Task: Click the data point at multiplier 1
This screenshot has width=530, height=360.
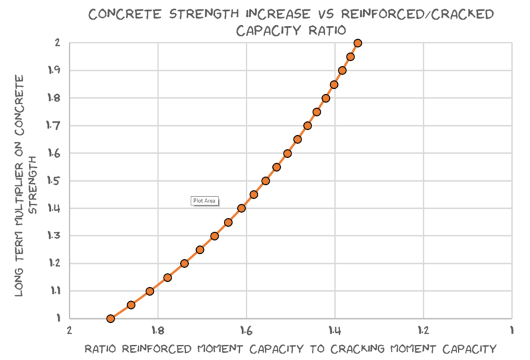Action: [x=111, y=319]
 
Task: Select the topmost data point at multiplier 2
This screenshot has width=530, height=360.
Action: [x=358, y=43]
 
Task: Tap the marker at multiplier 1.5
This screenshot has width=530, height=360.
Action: [x=266, y=181]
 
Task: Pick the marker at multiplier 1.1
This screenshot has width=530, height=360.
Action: [x=150, y=291]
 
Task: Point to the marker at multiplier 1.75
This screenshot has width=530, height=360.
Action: [x=317, y=112]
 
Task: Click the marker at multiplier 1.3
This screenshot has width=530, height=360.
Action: [x=215, y=236]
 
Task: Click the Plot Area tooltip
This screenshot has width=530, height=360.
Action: [x=204, y=200]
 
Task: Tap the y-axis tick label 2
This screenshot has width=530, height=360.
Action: [x=58, y=43]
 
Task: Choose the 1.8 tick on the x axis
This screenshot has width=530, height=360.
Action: [x=157, y=330]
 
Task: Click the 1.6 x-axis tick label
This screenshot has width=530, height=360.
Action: [x=246, y=330]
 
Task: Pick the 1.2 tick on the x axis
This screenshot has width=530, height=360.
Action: [x=423, y=330]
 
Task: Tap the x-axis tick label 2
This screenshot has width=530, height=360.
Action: [x=69, y=330]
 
